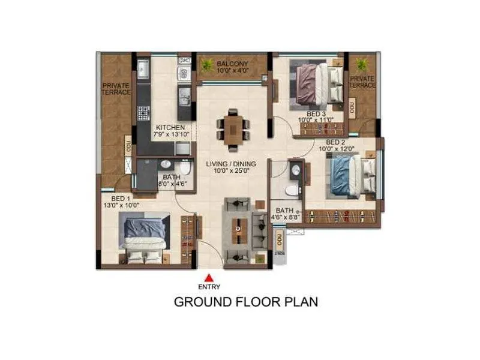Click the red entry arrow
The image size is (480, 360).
209,277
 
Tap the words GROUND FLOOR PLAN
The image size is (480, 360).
245,301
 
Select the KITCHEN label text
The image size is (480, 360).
170,128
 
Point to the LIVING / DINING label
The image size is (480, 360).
231,163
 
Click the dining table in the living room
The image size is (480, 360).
232,127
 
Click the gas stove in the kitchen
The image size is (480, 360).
143,112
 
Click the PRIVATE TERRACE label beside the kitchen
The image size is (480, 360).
116,89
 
